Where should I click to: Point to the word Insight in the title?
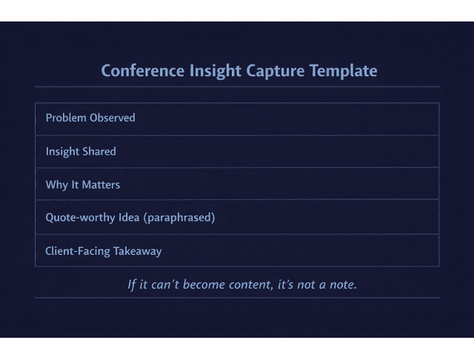pyautogui.click(x=209, y=71)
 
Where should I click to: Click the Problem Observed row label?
pyautogui.click(x=90, y=118)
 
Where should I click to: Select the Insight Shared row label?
pyautogui.click(x=81, y=152)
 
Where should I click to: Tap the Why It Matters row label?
pyautogui.click(x=83, y=184)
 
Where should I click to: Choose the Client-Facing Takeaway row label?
pyautogui.click(x=104, y=251)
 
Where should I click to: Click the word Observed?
pyautogui.click(x=113, y=118)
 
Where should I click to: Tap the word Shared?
pyautogui.click(x=99, y=152)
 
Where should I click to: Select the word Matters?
pyautogui.click(x=101, y=184)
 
